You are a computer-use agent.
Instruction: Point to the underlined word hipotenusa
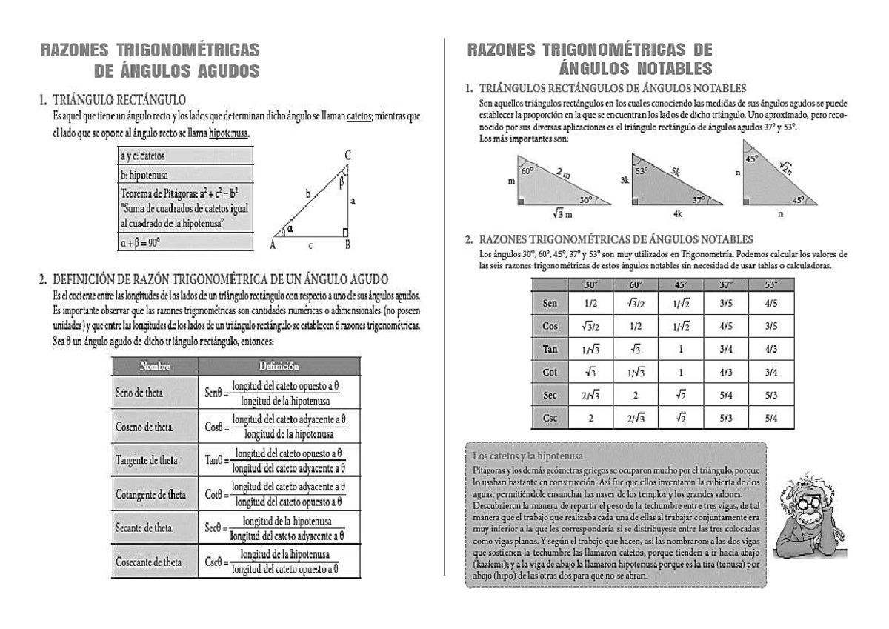click(x=229, y=133)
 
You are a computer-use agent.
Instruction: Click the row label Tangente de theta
click(x=147, y=460)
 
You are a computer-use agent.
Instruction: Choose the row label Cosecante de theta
click(x=149, y=562)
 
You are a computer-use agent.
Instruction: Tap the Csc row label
click(x=550, y=417)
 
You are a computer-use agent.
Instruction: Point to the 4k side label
click(x=678, y=214)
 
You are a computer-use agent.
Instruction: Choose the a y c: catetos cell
click(x=142, y=156)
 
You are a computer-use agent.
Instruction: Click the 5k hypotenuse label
click(x=676, y=173)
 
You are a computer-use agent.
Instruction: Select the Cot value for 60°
click(x=635, y=373)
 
